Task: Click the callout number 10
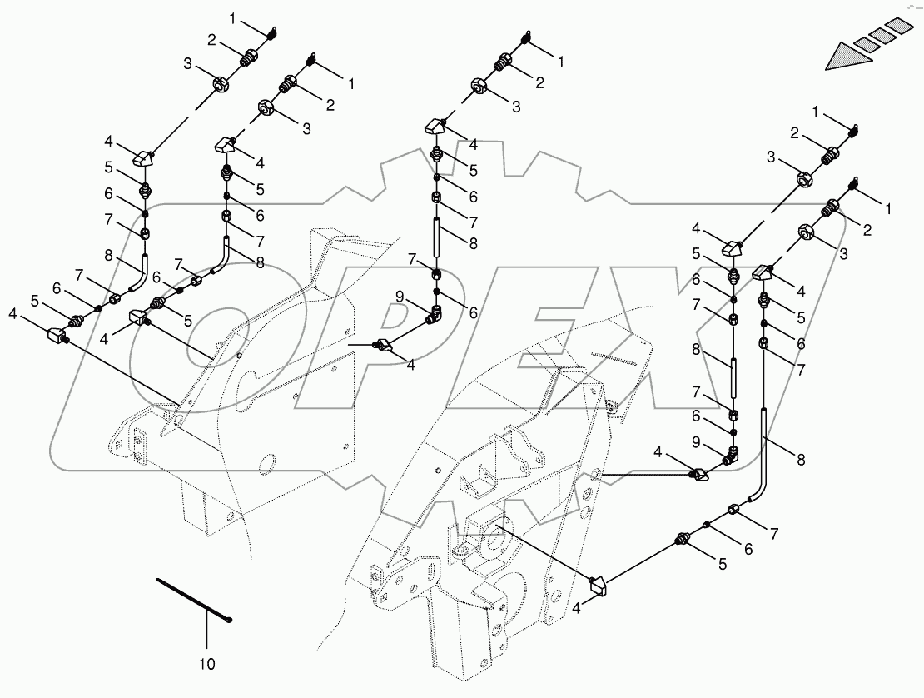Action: pyautogui.click(x=207, y=664)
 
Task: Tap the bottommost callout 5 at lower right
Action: pyautogui.click(x=723, y=564)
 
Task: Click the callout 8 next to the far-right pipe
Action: pyautogui.click(x=801, y=459)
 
